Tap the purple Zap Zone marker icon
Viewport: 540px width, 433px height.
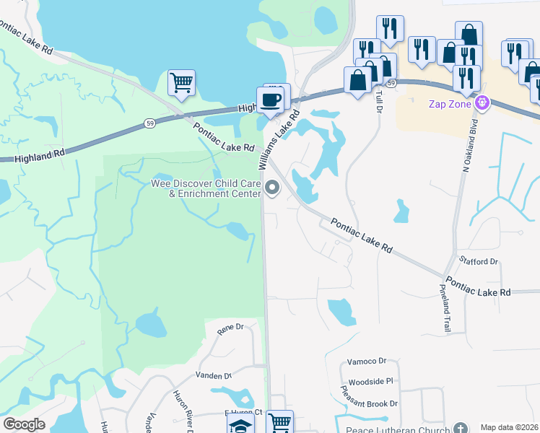coord(482,104)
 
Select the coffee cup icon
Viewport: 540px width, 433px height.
coord(271,100)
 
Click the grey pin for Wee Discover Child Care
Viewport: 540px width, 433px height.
coord(272,188)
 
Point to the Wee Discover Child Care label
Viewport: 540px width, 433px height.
coord(205,188)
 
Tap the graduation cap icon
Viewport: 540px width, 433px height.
coord(240,426)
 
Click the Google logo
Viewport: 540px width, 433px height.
coord(24,424)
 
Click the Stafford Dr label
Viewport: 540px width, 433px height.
coord(479,261)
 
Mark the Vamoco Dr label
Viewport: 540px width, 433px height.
coord(367,360)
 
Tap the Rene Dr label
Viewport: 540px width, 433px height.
coord(230,328)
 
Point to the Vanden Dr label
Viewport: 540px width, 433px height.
coord(214,376)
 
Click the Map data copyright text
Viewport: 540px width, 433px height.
coord(510,427)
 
